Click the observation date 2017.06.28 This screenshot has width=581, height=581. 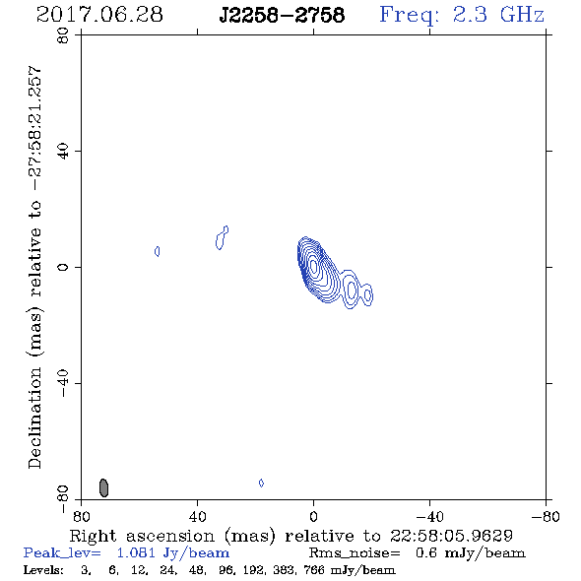pos(99,15)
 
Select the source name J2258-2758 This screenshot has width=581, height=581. pos(282,15)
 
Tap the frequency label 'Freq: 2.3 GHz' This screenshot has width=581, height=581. pos(462,16)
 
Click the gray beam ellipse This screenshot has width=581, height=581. pos(103,487)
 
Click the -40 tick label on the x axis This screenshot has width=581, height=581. pos(429,516)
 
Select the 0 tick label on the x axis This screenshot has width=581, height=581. pos(313,516)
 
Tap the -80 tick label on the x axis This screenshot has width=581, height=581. pos(546,516)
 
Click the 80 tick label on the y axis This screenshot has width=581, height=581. pos(63,35)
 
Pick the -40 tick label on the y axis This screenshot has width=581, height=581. pos(63,383)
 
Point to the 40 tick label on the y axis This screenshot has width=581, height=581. pos(63,152)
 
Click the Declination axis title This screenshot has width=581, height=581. pos(34,267)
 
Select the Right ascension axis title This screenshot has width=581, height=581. pos(290,536)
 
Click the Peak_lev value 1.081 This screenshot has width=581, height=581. pos(136,552)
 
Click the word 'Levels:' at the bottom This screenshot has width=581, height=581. pos(43,570)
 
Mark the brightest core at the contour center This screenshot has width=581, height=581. pos(313,266)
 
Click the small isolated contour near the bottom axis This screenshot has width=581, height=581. pos(261,483)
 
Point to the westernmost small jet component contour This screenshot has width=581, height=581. pos(367,295)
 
